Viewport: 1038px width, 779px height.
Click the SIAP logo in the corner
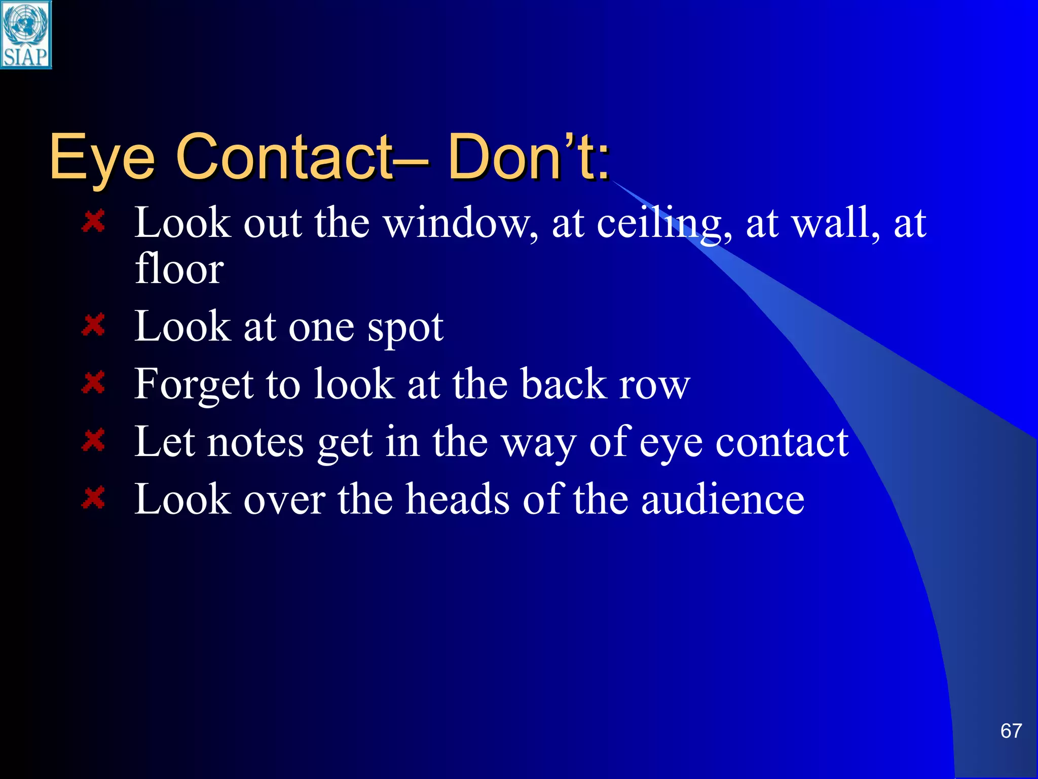click(x=26, y=34)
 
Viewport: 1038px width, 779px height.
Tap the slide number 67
click(x=1011, y=731)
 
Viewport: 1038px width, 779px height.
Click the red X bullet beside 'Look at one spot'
click(x=93, y=325)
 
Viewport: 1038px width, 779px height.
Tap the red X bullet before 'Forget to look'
click(x=93, y=383)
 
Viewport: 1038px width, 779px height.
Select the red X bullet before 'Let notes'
click(x=93, y=441)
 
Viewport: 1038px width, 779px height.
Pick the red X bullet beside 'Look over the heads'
click(x=93, y=499)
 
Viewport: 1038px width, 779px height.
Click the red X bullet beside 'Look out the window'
click(x=93, y=222)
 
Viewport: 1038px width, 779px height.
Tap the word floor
click(x=179, y=268)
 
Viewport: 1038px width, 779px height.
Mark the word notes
click(x=255, y=443)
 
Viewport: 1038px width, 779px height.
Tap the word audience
click(x=723, y=500)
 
